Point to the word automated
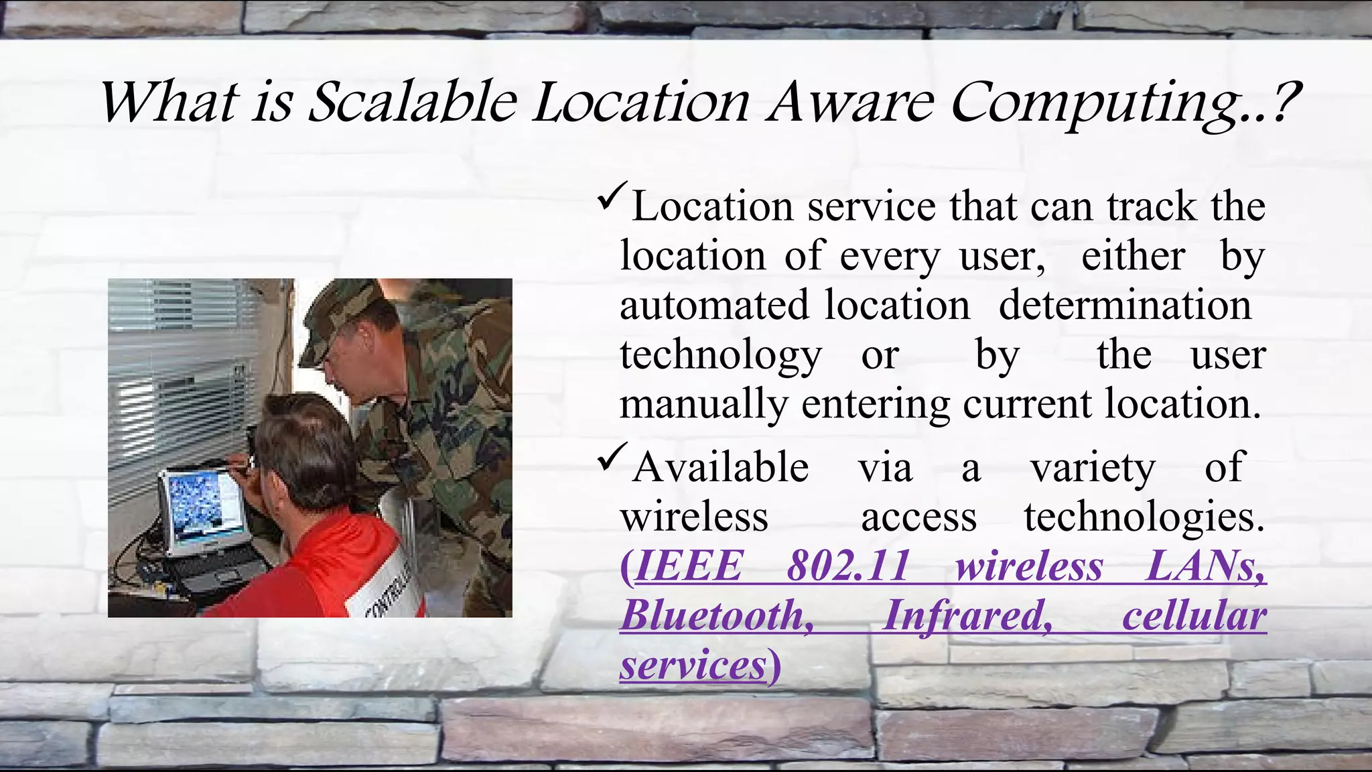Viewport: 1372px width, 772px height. pos(714,305)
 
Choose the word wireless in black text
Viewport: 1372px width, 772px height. pos(694,517)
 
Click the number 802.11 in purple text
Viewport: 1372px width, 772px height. pos(848,566)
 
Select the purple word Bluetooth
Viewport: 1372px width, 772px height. pos(717,615)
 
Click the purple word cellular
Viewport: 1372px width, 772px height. pos(1194,615)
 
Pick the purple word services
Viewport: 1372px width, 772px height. pos(693,665)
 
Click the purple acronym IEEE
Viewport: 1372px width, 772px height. pos(689,566)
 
